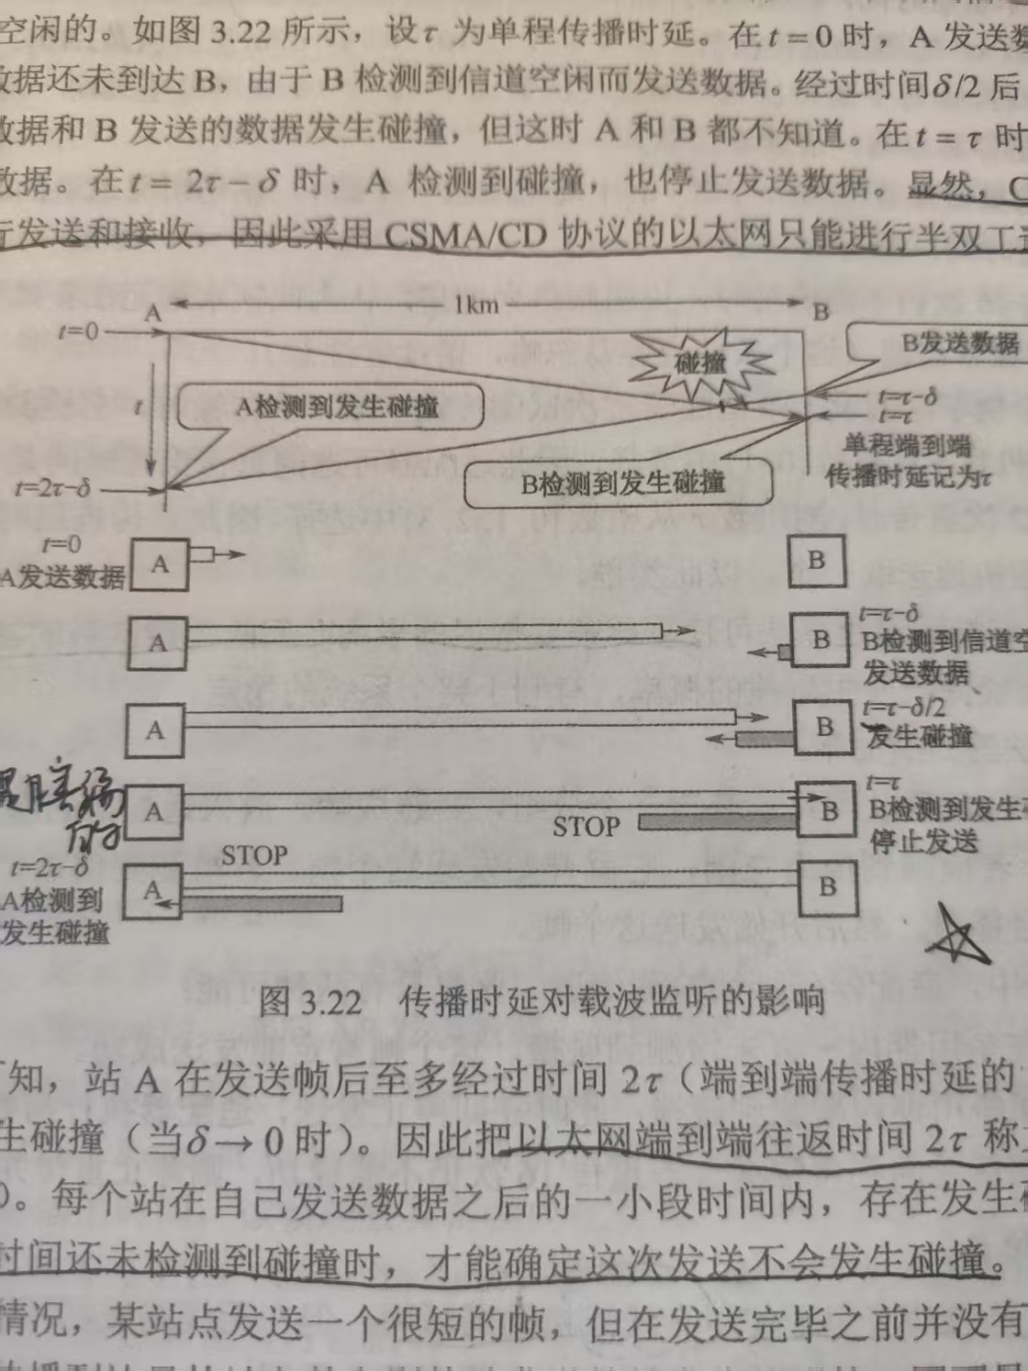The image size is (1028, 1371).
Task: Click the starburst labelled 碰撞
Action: point(702,362)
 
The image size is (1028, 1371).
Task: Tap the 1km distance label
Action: point(475,304)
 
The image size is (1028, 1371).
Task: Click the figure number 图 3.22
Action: point(311,1001)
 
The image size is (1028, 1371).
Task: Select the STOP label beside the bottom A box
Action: point(254,856)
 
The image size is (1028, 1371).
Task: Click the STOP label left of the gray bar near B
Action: point(586,827)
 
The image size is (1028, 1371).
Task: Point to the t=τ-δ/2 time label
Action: point(903,708)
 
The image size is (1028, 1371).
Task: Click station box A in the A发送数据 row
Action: point(160,563)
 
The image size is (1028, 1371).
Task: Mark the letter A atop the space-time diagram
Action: point(153,313)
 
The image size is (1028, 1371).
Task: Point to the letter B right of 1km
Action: point(821,311)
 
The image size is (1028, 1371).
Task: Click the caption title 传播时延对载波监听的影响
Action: point(612,1001)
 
